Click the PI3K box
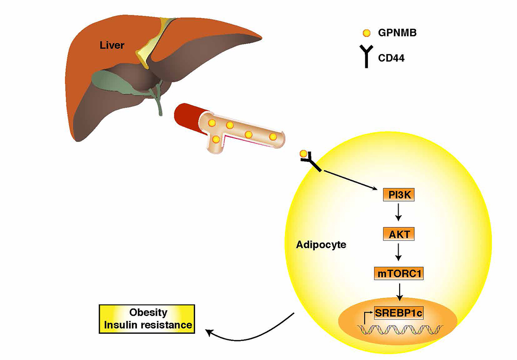tap(398, 195)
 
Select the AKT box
tap(398, 234)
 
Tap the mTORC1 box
tap(399, 273)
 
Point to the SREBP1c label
tap(398, 313)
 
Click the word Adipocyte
tap(321, 245)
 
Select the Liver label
tap(112, 45)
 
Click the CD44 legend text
tap(392, 59)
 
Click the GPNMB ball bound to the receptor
tap(304, 154)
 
